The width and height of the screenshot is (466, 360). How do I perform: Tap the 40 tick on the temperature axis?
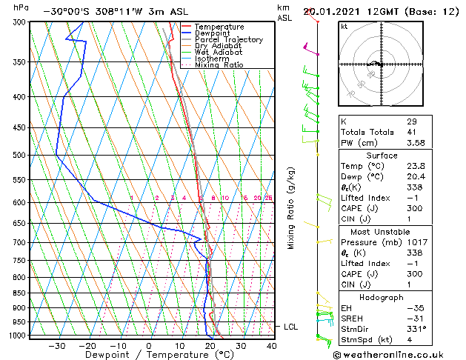(x=271, y=346)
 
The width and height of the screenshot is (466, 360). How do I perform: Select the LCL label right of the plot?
(x=293, y=327)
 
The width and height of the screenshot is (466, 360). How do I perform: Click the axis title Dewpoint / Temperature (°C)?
(x=149, y=356)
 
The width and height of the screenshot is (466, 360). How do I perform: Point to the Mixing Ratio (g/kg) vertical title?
(x=292, y=208)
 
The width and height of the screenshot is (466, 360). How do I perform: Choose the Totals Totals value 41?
(x=412, y=132)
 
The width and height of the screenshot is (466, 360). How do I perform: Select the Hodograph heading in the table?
(x=382, y=297)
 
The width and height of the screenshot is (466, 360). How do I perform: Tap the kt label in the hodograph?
(x=344, y=27)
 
